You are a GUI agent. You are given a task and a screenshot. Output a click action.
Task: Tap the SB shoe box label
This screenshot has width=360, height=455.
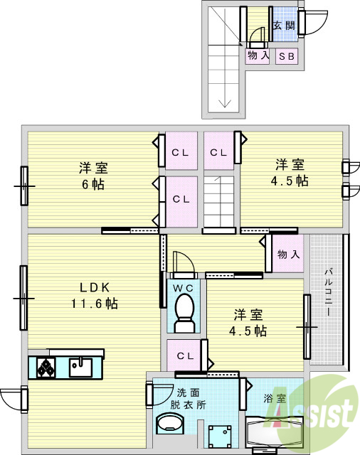click(x=287, y=55)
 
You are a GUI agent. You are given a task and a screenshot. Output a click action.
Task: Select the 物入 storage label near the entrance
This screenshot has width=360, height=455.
click(x=258, y=55)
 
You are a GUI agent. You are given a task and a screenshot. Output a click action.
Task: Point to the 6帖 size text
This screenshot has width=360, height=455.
click(x=92, y=185)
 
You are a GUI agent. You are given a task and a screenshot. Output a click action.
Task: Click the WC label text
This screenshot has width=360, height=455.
click(x=184, y=288)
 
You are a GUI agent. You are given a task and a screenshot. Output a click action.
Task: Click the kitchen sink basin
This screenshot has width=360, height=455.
click(x=80, y=367)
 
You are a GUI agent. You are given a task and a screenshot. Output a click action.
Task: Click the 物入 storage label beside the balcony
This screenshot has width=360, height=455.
click(x=287, y=254)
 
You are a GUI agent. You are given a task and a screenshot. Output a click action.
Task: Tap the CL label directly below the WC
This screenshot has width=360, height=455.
click(x=185, y=355)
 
